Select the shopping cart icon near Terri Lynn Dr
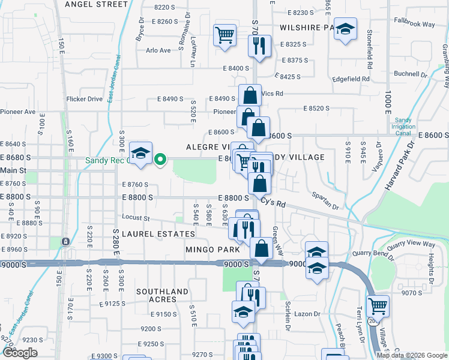[x=378, y=307]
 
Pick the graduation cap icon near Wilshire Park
[x=345, y=29]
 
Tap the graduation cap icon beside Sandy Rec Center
[x=140, y=154]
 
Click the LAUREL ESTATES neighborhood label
[x=158, y=233]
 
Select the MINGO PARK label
[x=212, y=249]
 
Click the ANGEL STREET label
[x=96, y=4]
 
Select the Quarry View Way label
[x=411, y=244]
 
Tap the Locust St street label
[x=135, y=217]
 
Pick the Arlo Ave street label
[x=158, y=50]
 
